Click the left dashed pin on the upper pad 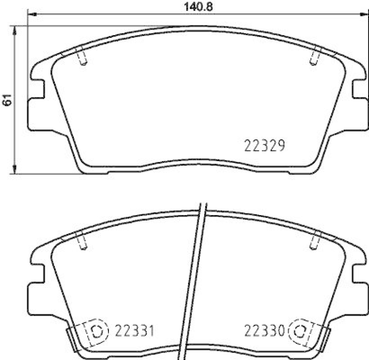[x=83, y=57]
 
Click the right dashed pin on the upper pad [x=315, y=57]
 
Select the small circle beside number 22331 [x=97, y=331]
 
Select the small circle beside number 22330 [x=299, y=331]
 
